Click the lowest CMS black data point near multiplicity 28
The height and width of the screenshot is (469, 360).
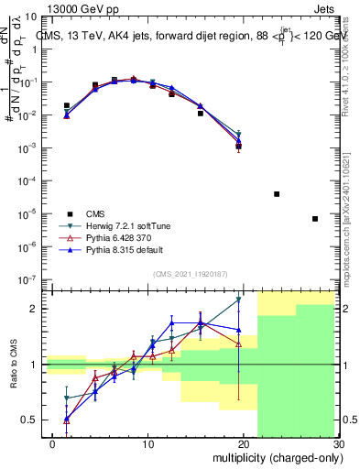point(315,219)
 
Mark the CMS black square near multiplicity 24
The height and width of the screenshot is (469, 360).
point(277,194)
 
